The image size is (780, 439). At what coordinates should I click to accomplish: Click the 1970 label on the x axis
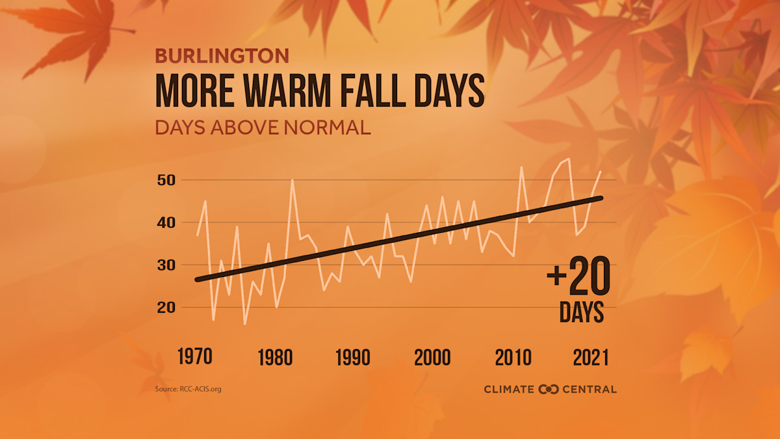click(196, 357)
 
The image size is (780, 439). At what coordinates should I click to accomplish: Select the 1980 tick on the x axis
click(275, 357)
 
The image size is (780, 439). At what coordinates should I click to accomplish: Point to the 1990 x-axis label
click(354, 357)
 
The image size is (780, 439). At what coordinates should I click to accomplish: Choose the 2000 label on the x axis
click(433, 357)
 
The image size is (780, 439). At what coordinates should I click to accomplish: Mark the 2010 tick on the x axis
click(513, 357)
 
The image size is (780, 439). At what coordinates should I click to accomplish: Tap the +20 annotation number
click(578, 277)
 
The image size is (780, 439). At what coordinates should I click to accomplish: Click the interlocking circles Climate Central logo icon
click(549, 389)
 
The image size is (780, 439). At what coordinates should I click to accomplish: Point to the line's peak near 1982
click(292, 180)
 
